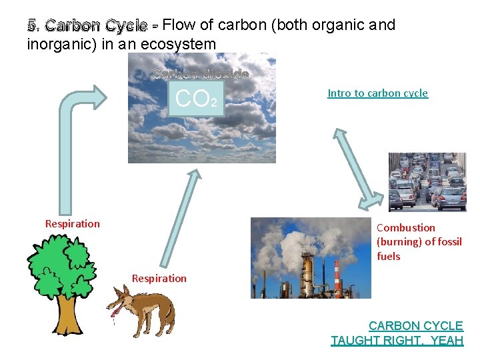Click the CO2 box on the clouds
point(196,99)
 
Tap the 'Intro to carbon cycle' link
point(377,93)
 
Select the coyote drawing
point(143,310)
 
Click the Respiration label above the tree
point(72,224)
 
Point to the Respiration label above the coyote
point(159,278)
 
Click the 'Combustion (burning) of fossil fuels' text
point(419,241)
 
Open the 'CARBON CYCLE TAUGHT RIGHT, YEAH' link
point(397,333)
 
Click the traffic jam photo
point(427,182)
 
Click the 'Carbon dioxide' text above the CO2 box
point(200,74)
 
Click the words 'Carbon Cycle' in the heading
point(97,26)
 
